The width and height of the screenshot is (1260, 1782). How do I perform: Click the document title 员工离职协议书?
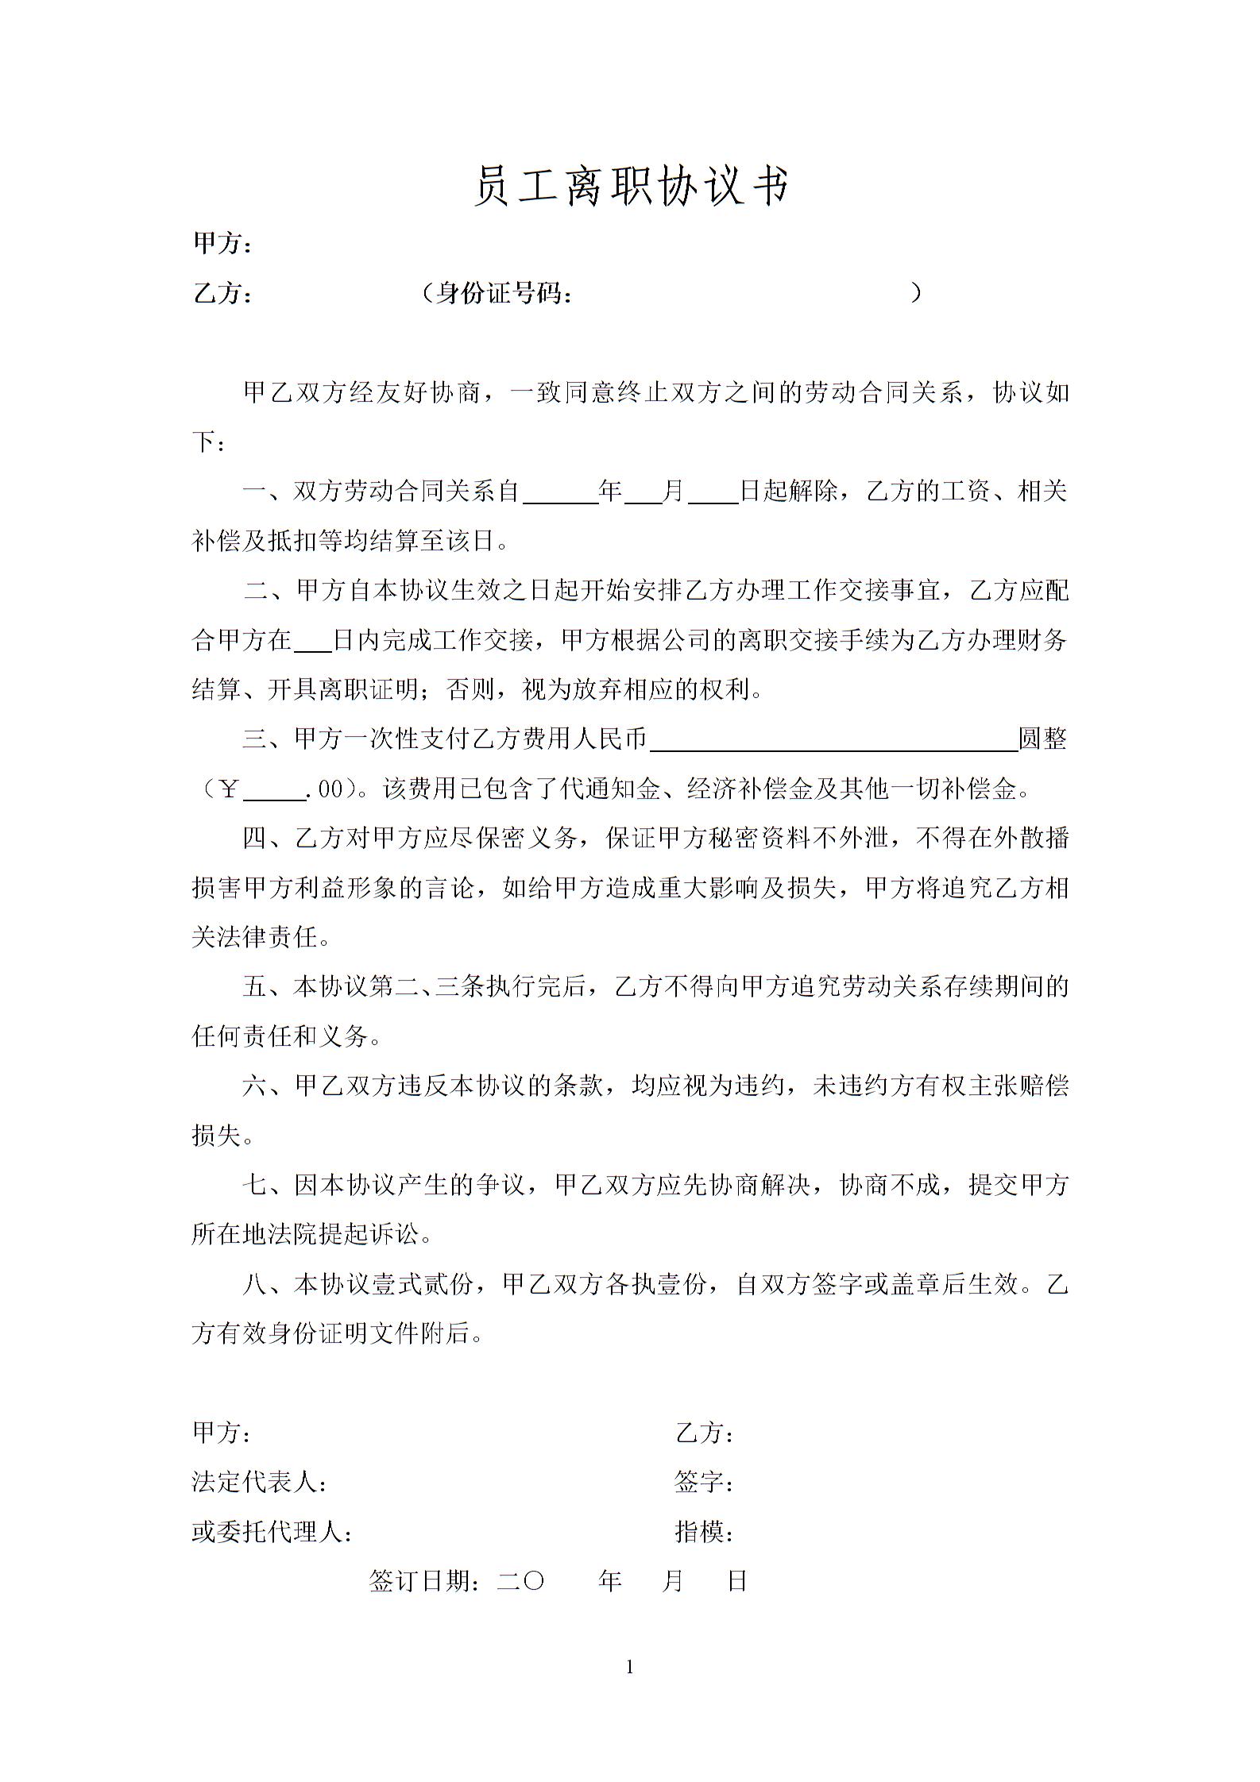632,187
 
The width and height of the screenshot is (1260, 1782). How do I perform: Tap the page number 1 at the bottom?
630,1667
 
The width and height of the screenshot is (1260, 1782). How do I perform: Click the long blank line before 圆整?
833,746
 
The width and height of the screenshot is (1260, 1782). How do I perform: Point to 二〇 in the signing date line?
521,1581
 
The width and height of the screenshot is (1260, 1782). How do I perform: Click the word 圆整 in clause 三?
1042,739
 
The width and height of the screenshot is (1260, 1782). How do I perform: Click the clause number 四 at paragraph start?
256,838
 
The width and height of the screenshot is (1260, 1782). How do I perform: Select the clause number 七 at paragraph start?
256,1186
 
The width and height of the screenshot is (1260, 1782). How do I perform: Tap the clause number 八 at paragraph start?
256,1284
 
